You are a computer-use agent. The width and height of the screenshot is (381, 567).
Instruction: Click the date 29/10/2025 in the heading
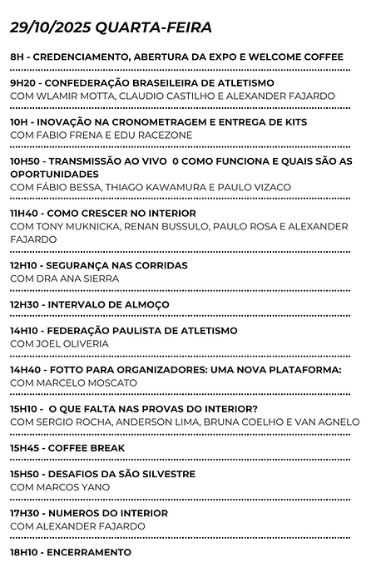tap(51, 27)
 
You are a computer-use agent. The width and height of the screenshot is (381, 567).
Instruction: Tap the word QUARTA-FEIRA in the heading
tap(154, 27)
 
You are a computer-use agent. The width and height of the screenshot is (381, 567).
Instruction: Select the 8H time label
tap(17, 57)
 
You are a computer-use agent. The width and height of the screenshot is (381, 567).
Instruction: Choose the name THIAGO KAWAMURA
tap(162, 187)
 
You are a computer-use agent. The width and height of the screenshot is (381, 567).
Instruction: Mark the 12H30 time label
tap(25, 304)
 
